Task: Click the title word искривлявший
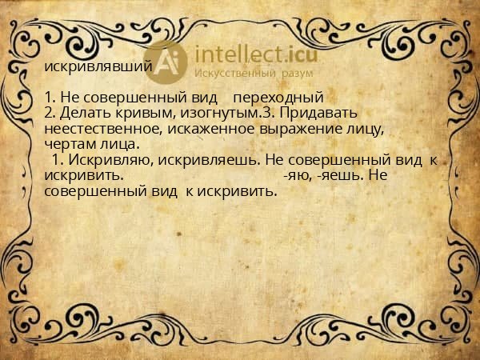pyautogui.click(x=98, y=66)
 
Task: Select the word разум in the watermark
pyautogui.click(x=297, y=74)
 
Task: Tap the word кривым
pyautogui.click(x=139, y=113)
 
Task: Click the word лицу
pyautogui.click(x=368, y=129)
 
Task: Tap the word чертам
pyautogui.click(x=68, y=144)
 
